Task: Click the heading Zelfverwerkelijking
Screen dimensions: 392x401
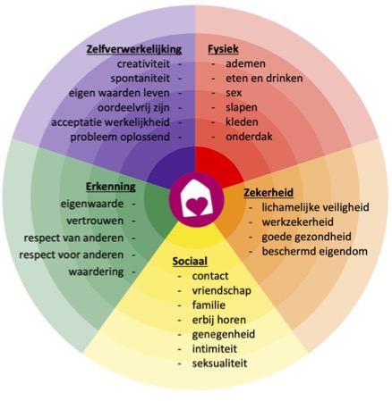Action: (134, 49)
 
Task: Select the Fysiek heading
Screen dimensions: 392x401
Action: (223, 49)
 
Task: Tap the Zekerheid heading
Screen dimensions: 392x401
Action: (268, 193)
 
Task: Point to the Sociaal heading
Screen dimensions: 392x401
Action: (190, 262)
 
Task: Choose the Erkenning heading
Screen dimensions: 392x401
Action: (111, 187)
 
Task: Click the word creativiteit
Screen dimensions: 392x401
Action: (143, 64)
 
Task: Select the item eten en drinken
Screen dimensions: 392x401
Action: (264, 79)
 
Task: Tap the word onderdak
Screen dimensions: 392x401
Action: (249, 137)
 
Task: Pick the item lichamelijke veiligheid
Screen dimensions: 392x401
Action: (316, 207)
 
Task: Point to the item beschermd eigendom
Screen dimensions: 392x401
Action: (315, 252)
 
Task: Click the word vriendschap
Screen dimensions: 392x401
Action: (222, 291)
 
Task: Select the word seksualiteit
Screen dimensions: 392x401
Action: (220, 363)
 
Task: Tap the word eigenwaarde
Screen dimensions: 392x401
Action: (92, 205)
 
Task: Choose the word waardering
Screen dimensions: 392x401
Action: (96, 272)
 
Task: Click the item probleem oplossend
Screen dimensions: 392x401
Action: (120, 138)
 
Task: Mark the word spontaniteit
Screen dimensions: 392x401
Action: (141, 79)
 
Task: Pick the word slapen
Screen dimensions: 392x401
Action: (242, 107)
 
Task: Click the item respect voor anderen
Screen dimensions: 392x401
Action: (72, 255)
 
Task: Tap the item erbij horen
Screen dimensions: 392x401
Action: (219, 320)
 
